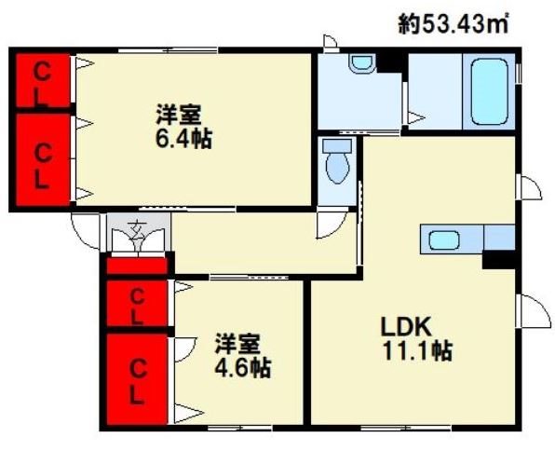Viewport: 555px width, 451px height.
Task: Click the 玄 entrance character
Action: point(137,226)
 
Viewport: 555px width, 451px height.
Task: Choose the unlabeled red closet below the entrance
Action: point(136,266)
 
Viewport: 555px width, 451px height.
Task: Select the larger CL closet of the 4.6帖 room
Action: point(136,379)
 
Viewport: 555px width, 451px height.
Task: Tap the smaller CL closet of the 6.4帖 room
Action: point(42,82)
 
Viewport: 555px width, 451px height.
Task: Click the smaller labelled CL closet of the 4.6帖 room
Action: point(136,306)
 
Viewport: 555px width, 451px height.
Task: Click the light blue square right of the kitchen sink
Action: point(500,238)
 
